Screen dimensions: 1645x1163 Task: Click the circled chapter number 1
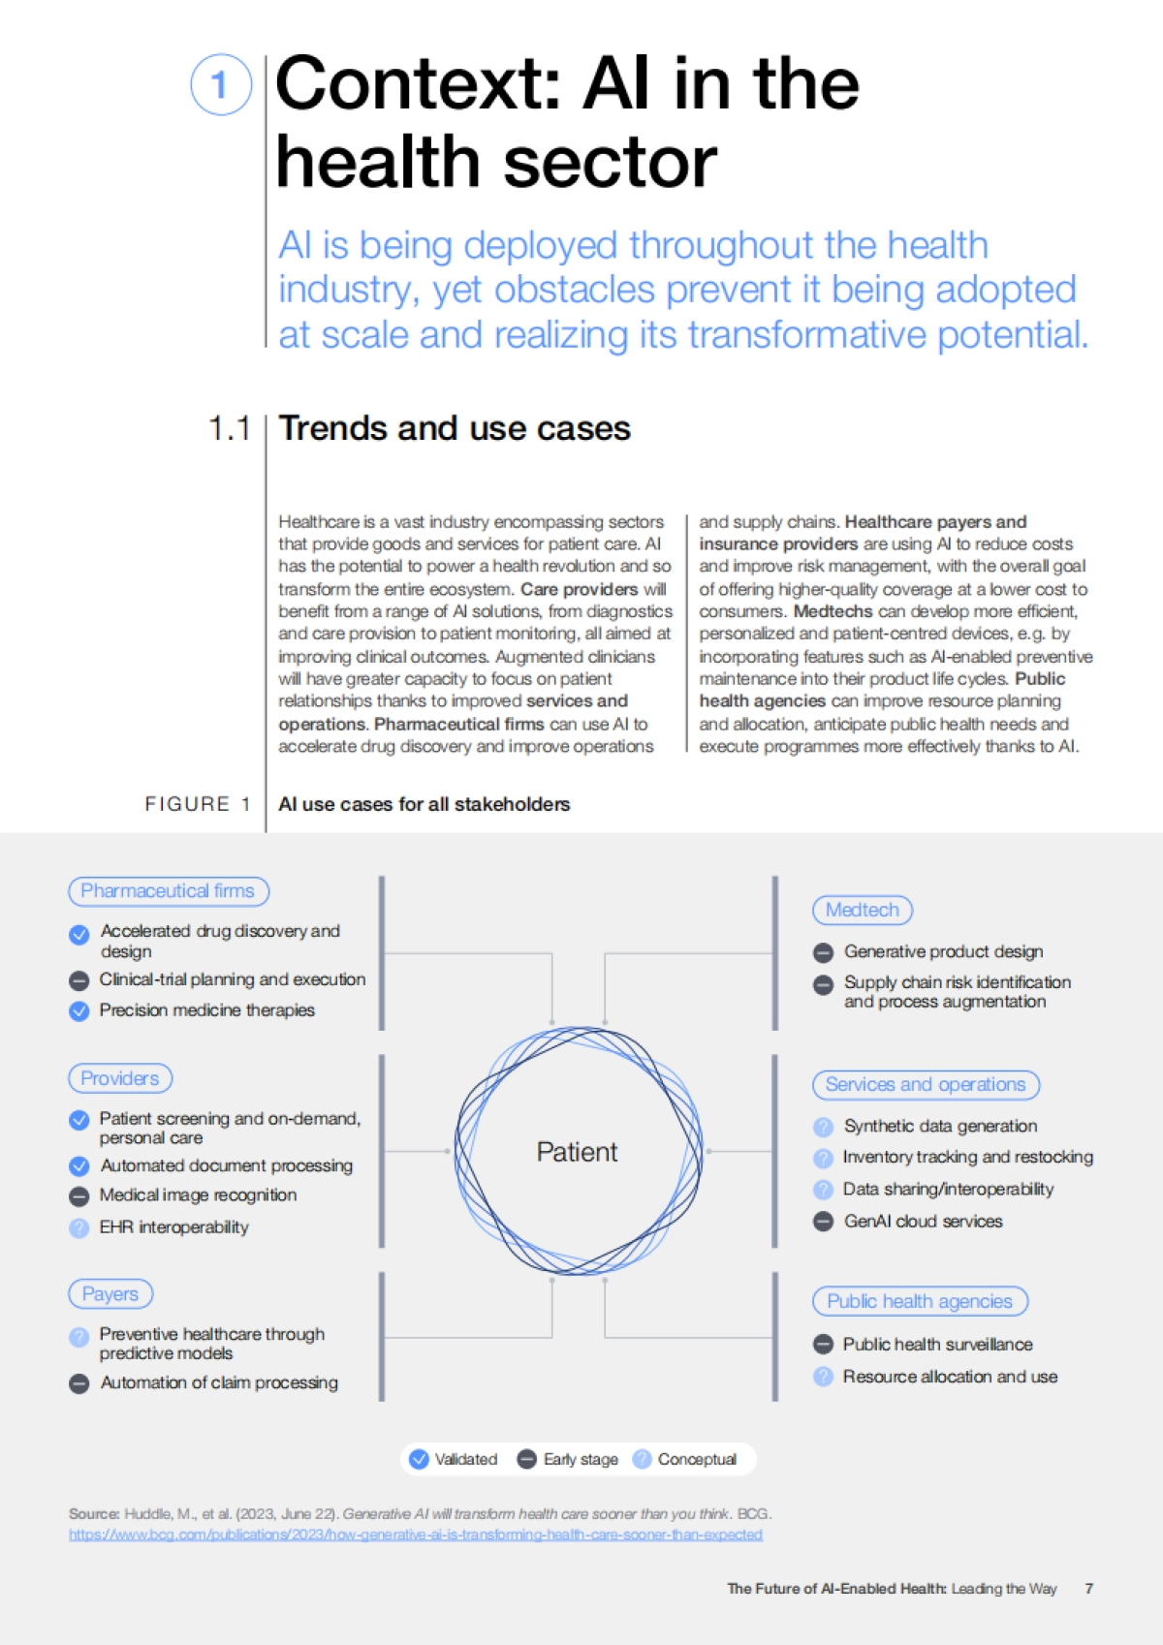221,84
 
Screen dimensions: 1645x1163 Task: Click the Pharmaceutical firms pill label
168,891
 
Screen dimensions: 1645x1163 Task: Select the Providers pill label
120,1078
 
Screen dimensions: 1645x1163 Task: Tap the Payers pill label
110,1294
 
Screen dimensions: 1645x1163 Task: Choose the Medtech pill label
863,910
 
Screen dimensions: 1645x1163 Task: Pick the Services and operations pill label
926,1085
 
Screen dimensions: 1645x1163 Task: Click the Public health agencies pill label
920,1301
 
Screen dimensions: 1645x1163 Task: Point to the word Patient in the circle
577,1152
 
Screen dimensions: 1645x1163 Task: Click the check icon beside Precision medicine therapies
79,1011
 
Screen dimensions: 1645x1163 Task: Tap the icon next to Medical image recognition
79,1196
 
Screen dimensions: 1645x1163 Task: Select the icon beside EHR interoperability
79,1228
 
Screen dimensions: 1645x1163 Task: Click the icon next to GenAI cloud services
824,1222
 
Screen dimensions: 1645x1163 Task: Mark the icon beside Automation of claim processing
79,1383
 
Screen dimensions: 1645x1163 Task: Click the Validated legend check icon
420,1459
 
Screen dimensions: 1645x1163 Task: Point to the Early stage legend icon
527,1459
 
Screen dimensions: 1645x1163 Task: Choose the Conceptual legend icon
642,1459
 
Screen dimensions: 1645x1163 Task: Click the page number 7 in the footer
1089,1589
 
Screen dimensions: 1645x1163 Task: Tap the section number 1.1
230,428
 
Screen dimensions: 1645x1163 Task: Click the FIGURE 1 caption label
198,804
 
